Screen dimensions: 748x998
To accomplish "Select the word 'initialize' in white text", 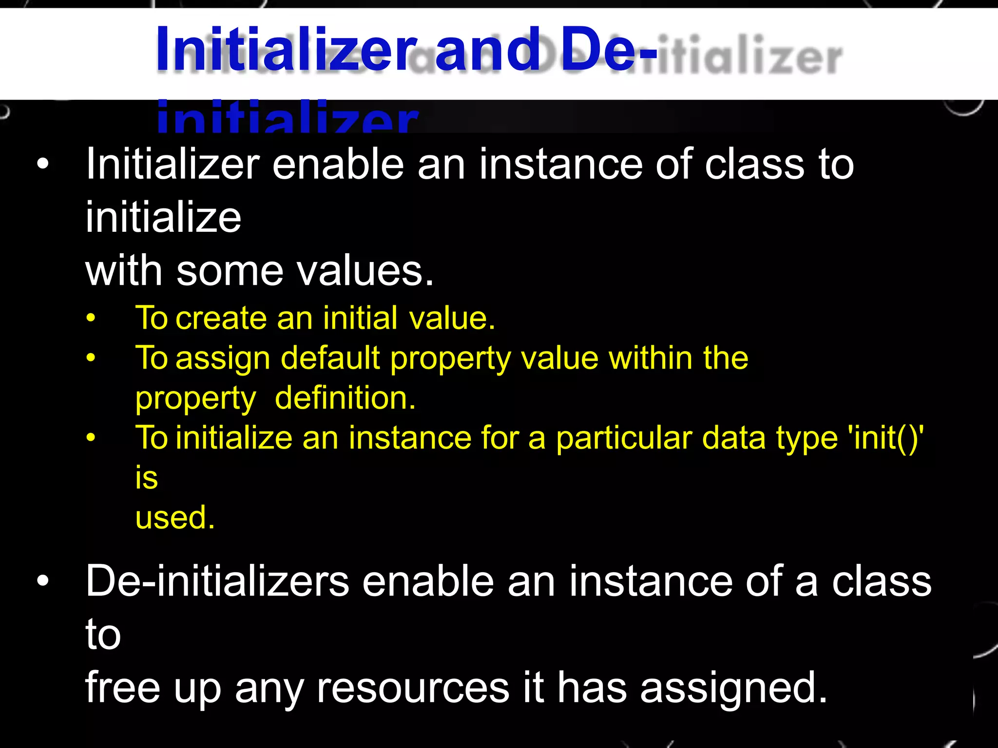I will (x=163, y=217).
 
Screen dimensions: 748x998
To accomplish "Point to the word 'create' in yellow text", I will (x=221, y=318).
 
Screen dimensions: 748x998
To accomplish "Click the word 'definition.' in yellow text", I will (x=345, y=398).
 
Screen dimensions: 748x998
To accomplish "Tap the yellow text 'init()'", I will (x=885, y=437).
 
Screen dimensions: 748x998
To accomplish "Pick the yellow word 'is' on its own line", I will (x=147, y=477).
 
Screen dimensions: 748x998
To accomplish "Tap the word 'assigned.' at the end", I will (x=733, y=687).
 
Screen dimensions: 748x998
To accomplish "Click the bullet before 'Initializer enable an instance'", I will (x=43, y=164).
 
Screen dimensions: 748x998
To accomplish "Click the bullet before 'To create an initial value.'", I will (x=91, y=318).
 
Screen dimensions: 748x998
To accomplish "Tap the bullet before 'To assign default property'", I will (x=91, y=358).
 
